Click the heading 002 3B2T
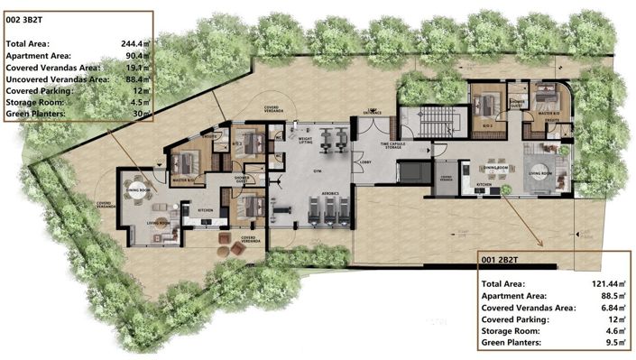(x=24, y=19)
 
